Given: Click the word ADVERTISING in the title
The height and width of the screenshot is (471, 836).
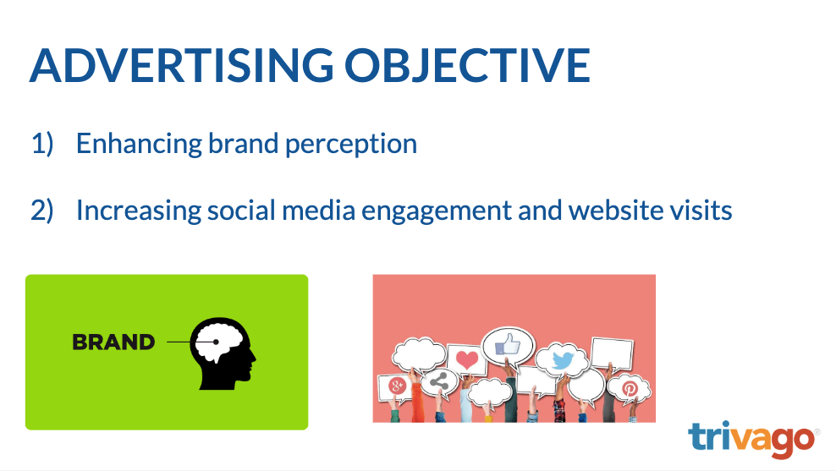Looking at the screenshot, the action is click(x=181, y=65).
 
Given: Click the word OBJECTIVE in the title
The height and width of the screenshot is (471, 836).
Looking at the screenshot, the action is click(x=467, y=65).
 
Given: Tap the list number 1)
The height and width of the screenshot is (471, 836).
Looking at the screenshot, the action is click(x=42, y=144).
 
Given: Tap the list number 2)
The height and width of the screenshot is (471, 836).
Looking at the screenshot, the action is click(x=42, y=211).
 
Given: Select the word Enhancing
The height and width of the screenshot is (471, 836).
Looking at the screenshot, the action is click(x=139, y=145).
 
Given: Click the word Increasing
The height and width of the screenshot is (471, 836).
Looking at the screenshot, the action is click(x=139, y=211).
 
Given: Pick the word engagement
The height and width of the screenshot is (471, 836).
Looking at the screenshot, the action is click(x=437, y=211).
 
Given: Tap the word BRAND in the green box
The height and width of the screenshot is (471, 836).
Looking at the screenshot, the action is click(x=113, y=342).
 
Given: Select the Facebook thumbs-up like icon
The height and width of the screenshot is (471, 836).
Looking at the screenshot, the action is click(x=508, y=344).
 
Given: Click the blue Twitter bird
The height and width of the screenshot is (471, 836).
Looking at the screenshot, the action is click(x=563, y=360).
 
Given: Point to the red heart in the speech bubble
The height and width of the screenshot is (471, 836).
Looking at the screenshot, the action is click(x=467, y=360).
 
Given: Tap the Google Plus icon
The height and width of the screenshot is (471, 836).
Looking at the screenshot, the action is click(x=397, y=386).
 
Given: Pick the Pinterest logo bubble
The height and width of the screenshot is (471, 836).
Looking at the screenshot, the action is click(x=630, y=388).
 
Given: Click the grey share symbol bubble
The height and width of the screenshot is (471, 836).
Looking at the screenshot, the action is click(x=438, y=381).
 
